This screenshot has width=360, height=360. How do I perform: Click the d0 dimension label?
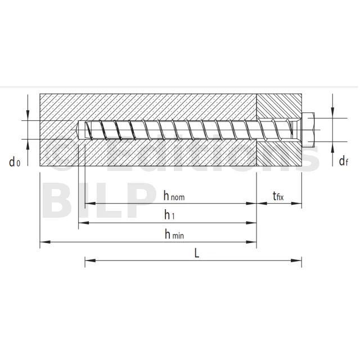(15, 162)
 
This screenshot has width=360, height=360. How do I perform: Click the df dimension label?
(344, 161)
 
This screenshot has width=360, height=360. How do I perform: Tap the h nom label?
(174, 196)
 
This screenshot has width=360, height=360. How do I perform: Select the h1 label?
(169, 215)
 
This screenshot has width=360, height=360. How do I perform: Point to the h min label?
(174, 234)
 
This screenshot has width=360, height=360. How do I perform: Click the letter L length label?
(197, 254)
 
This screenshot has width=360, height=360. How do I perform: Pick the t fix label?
(278, 196)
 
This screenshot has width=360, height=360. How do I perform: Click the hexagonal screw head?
(308, 130)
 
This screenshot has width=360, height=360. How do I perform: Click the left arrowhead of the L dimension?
(90, 260)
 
